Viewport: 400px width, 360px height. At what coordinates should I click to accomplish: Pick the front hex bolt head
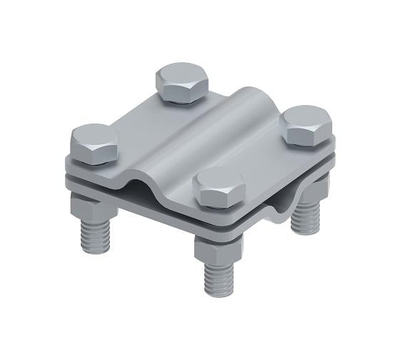[x=219, y=188]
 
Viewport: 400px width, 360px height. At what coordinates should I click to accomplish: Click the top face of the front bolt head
[x=219, y=181]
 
